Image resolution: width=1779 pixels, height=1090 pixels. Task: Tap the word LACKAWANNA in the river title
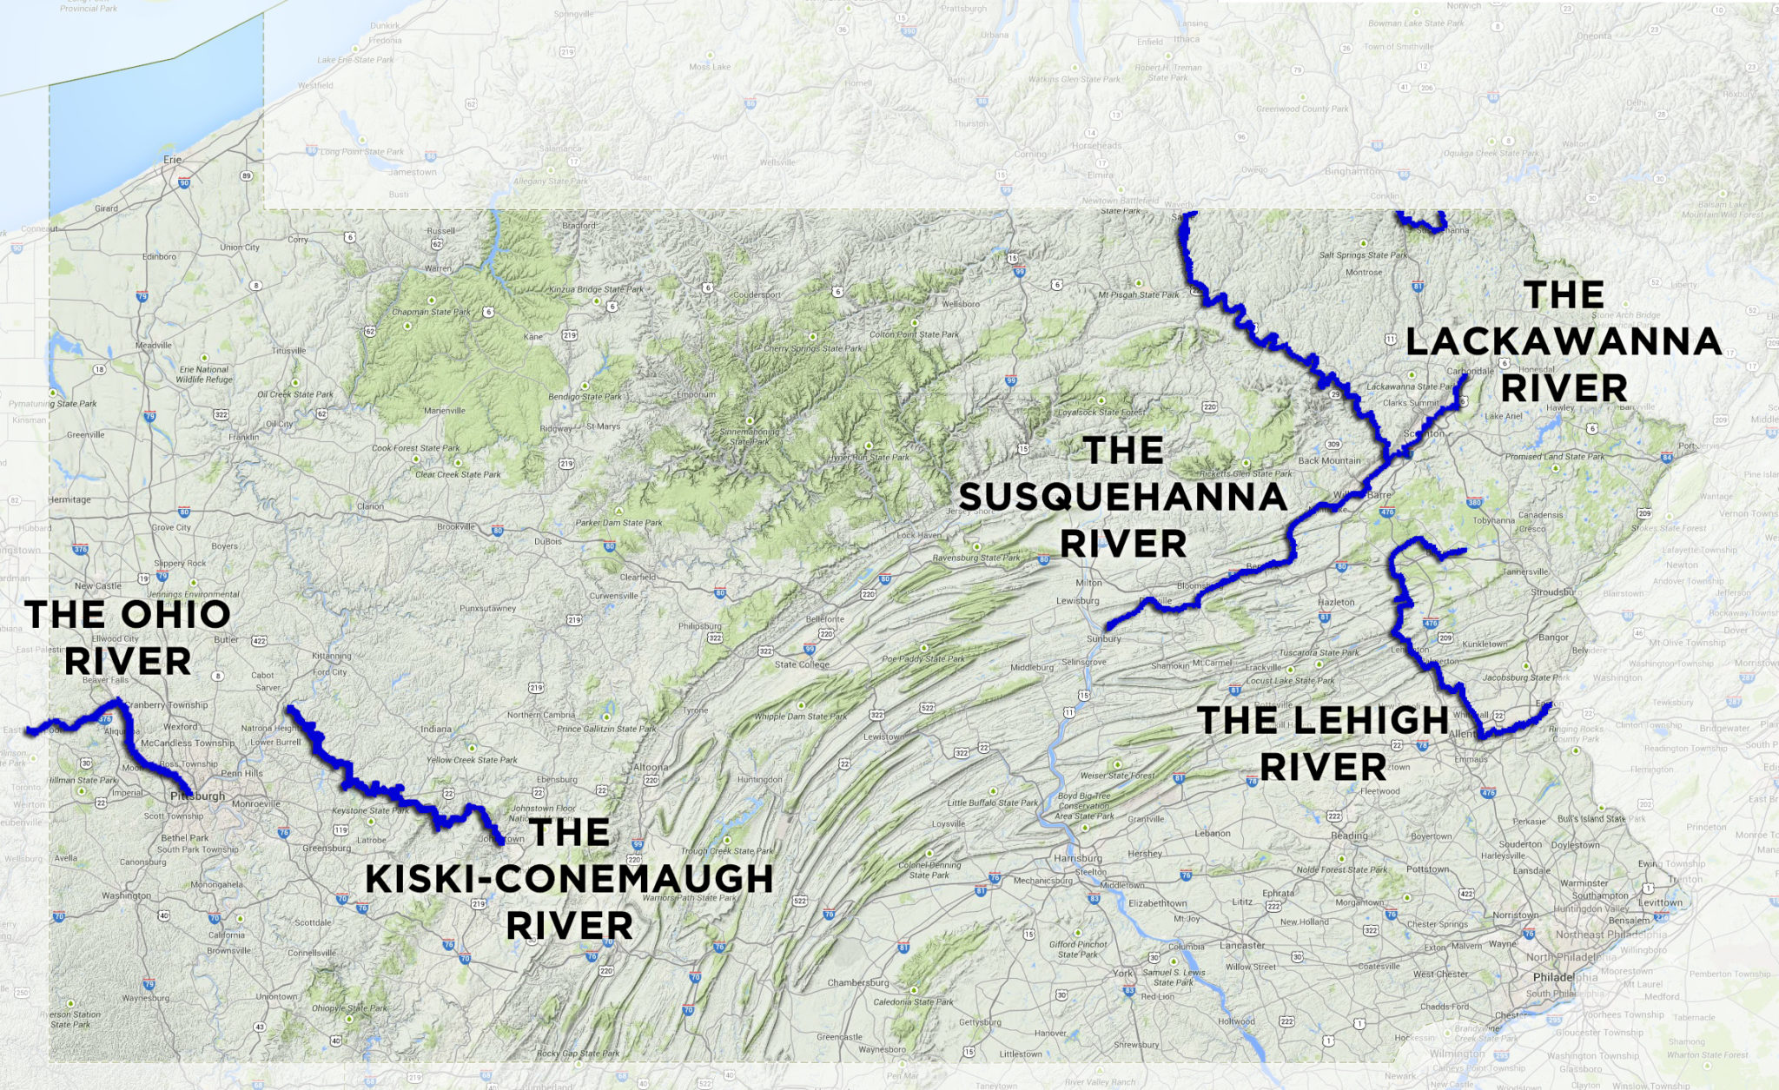click(x=1564, y=341)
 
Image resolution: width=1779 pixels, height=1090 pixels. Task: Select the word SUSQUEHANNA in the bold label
click(x=1122, y=498)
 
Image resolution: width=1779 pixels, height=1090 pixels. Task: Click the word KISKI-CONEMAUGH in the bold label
click(x=569, y=879)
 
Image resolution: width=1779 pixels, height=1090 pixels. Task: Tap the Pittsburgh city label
click(x=197, y=796)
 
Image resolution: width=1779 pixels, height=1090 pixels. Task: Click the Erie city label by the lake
click(x=173, y=160)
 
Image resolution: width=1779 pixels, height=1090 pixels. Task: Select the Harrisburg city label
click(x=1077, y=858)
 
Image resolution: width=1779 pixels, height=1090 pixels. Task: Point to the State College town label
click(x=801, y=664)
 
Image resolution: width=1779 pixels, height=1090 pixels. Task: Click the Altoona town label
click(x=651, y=767)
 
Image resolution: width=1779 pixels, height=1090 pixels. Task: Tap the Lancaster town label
click(x=1242, y=945)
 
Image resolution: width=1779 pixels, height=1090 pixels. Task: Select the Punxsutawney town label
click(x=487, y=608)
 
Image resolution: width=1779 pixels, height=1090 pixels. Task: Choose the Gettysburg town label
click(x=980, y=1022)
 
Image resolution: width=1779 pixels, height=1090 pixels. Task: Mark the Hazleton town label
click(x=1336, y=602)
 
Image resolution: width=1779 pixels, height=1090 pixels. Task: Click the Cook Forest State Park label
click(x=416, y=448)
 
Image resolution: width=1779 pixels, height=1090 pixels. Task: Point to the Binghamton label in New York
click(x=1352, y=171)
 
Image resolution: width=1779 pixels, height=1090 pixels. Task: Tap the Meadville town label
click(x=154, y=345)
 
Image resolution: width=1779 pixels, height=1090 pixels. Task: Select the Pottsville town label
click(x=1273, y=704)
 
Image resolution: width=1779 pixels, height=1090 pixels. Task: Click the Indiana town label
click(x=436, y=729)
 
